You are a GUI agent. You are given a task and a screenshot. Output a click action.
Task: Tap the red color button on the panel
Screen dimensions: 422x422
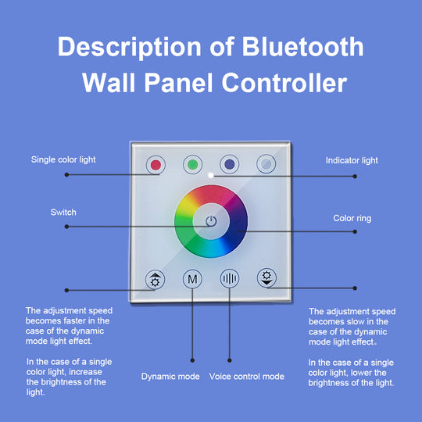click(156, 165)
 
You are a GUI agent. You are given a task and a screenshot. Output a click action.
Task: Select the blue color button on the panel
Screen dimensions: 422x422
click(230, 165)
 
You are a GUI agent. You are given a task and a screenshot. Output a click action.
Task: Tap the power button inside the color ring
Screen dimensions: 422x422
click(211, 221)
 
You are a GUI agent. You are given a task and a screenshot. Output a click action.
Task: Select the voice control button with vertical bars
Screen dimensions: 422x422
click(230, 278)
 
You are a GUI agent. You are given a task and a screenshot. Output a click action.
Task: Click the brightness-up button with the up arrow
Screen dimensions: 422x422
click(156, 278)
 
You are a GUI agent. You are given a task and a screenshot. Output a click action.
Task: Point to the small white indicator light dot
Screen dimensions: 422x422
click(211, 175)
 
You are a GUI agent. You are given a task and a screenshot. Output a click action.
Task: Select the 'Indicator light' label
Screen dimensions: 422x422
click(352, 160)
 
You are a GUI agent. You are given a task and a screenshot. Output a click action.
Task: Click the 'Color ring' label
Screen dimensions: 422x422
click(352, 219)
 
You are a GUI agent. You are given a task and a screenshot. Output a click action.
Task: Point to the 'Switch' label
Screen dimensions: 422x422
click(63, 213)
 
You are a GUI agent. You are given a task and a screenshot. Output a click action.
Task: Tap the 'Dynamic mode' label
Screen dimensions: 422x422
click(170, 377)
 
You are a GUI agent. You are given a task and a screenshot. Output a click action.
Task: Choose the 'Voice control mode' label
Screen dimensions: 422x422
click(247, 377)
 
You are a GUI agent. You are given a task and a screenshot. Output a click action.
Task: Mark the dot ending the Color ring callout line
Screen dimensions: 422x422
click(356, 233)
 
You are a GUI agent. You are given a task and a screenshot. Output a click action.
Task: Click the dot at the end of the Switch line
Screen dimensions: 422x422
click(67, 227)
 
